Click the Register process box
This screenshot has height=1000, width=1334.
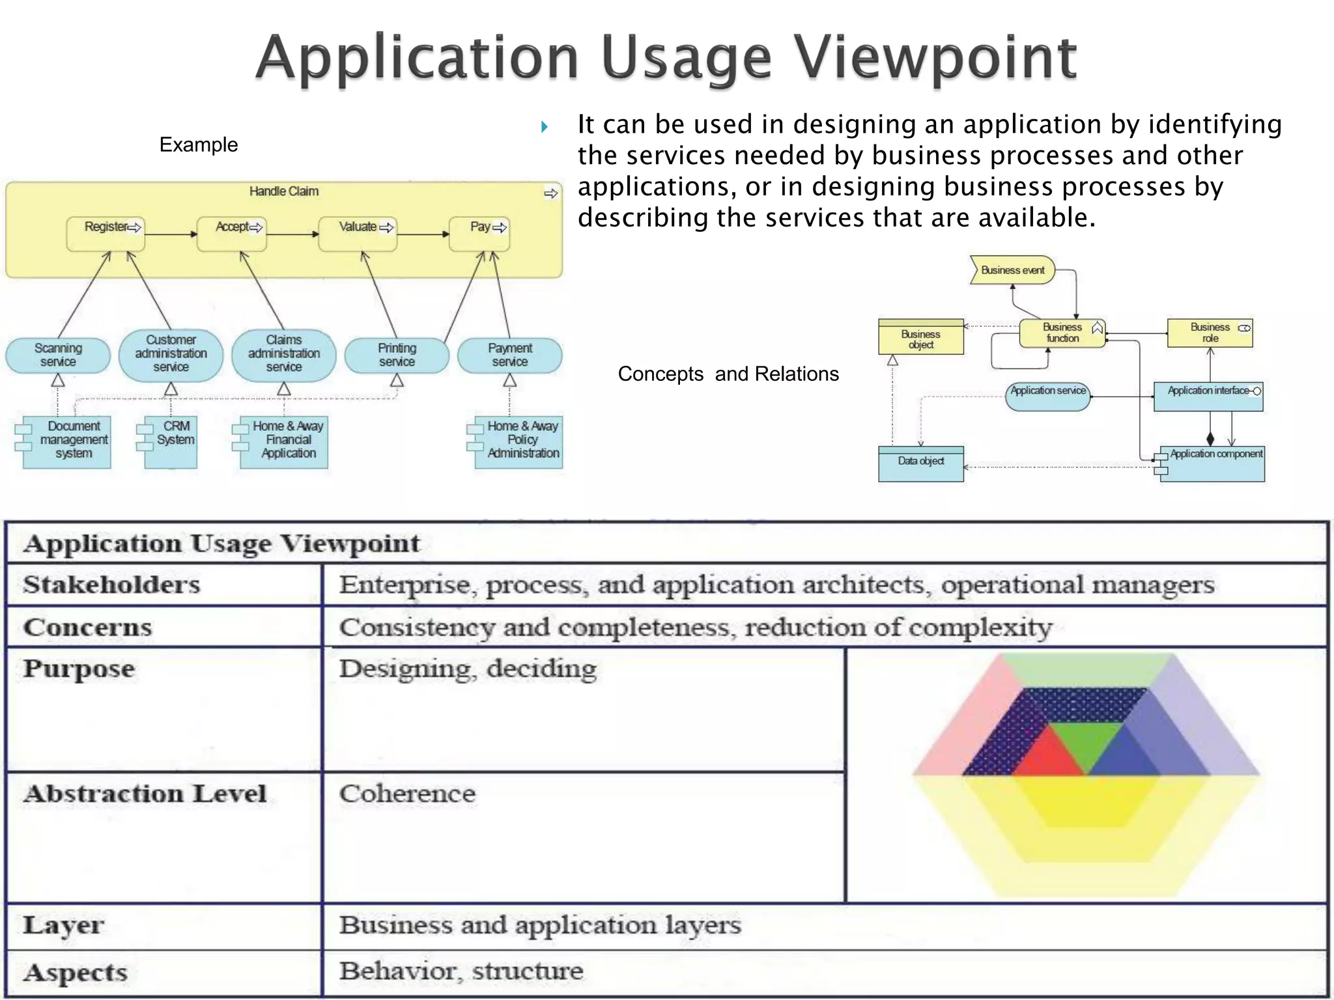click(106, 234)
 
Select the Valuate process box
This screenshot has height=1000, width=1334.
click(358, 234)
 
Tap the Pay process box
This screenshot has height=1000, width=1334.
click(479, 234)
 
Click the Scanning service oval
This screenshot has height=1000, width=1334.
click(58, 355)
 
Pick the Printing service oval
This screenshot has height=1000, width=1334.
click(397, 355)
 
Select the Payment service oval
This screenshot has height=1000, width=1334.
click(510, 355)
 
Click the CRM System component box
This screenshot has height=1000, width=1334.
click(171, 442)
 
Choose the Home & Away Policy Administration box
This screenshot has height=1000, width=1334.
click(518, 442)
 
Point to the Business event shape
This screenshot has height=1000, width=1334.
click(1012, 270)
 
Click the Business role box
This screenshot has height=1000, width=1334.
click(1210, 333)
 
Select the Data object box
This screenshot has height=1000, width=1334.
click(920, 464)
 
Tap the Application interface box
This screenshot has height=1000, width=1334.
click(1208, 396)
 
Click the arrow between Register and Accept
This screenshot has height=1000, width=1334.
click(171, 234)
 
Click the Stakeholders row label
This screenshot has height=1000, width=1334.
click(111, 585)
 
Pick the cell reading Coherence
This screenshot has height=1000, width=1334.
click(408, 794)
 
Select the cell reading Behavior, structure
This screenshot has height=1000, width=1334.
click(461, 971)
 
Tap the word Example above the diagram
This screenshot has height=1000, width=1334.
click(199, 145)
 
